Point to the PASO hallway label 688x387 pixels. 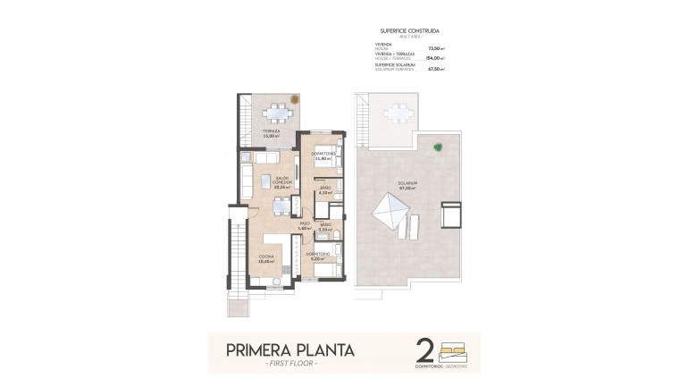305,225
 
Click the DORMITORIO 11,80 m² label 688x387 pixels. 323,156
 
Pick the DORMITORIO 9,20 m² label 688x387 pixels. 317,256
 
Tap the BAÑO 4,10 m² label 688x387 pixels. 325,189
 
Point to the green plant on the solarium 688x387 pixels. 436,147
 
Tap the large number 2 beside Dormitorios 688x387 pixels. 425,349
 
